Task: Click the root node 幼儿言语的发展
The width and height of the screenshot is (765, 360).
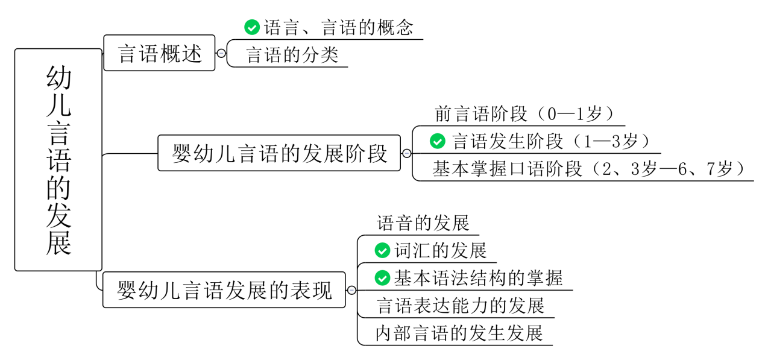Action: coord(58,160)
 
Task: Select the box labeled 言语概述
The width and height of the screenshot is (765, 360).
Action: coord(159,53)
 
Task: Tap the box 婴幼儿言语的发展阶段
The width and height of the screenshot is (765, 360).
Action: coord(279,153)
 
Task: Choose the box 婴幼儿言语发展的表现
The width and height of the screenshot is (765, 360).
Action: coord(224,290)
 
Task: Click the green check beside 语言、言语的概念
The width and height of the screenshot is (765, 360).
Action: coord(251,27)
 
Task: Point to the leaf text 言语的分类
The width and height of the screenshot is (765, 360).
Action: coord(292,55)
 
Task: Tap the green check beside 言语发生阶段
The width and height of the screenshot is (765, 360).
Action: coord(437,141)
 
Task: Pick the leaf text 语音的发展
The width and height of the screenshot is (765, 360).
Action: coord(423,223)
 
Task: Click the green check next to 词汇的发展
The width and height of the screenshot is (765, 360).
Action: coord(382,250)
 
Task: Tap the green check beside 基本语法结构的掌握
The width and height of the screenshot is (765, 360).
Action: coord(382,277)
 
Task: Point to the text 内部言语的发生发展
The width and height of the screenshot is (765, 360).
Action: coord(459,333)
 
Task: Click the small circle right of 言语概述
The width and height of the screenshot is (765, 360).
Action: coord(221,53)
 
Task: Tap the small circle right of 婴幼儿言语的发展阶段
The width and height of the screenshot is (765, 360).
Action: coord(406,153)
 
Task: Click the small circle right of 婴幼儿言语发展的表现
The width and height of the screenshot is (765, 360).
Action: coord(351,290)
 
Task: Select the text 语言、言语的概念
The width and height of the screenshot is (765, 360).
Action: coord(338,28)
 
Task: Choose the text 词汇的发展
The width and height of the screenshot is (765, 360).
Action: coord(440,250)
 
